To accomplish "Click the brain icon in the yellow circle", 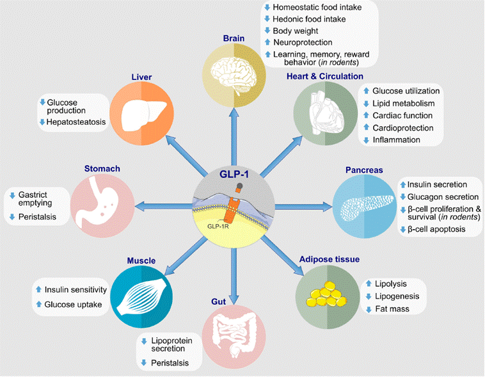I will [234, 71].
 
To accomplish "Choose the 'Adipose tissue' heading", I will [329, 260].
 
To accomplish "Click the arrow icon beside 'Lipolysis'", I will [369, 283].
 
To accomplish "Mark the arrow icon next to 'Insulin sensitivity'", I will [38, 291].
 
